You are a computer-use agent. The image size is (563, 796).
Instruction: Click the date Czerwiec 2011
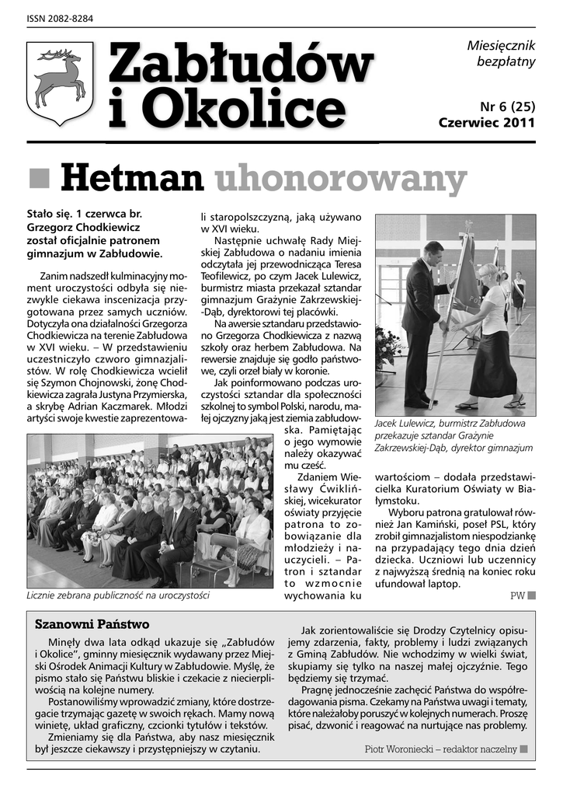tap(487, 123)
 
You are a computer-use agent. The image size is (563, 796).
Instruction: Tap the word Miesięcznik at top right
tap(501, 47)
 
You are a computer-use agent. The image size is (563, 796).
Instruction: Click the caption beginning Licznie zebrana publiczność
tap(118, 596)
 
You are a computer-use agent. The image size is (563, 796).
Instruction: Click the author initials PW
tap(517, 597)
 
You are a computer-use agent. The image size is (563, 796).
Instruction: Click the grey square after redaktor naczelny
tap(524, 749)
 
